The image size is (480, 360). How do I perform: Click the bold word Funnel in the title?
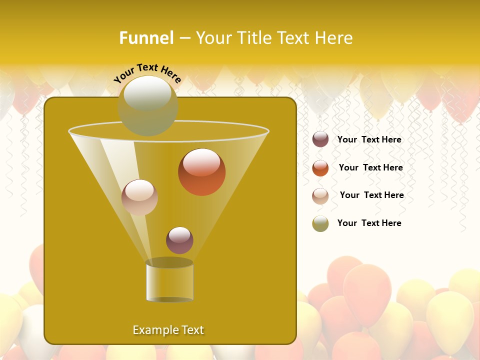coord(146,38)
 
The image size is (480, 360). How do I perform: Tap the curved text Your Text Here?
coord(147,73)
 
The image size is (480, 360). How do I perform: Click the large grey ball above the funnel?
coord(148,105)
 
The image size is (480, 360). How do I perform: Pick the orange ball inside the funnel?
coord(201,172)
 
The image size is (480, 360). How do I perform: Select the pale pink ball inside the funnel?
coord(139,197)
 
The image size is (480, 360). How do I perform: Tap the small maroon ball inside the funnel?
coord(179,240)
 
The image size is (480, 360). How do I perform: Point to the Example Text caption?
coord(168,330)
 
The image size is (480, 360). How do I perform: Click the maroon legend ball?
coord(320,139)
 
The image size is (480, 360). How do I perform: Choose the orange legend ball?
coord(320,168)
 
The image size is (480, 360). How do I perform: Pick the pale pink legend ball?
coord(320,196)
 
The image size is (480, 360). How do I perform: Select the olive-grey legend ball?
coord(320,223)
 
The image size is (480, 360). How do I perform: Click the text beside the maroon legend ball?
coord(369,140)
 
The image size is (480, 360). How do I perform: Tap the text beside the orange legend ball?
coord(370,168)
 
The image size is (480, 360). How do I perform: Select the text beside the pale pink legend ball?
coord(371,195)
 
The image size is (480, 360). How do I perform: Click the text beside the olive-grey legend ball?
coord(369,223)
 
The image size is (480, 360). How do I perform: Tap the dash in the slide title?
coord(184,38)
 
